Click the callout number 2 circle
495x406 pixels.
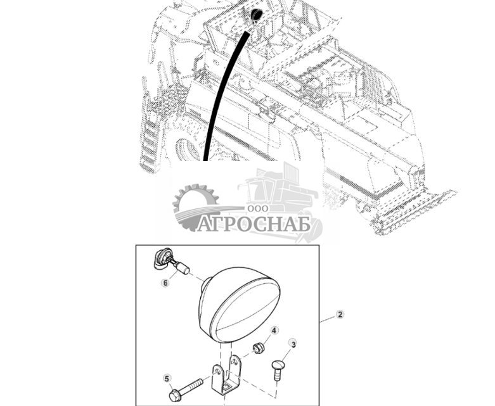point(340,315)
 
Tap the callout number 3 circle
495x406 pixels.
point(292,343)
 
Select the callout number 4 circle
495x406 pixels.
point(274,331)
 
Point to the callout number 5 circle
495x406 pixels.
point(167,379)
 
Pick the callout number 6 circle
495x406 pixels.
point(165,283)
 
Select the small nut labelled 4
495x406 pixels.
point(257,348)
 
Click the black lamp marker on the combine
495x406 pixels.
point(255,15)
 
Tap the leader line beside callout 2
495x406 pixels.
point(327,319)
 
